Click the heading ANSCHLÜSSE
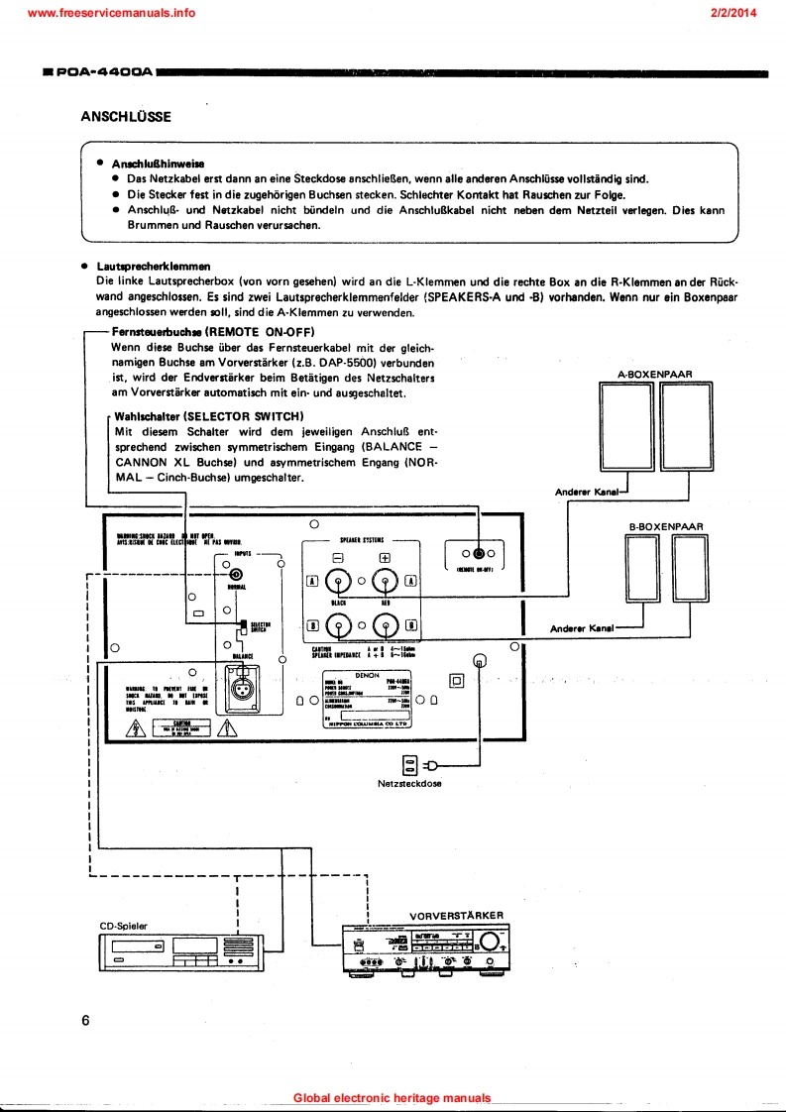click(126, 116)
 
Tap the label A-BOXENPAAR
click(654, 374)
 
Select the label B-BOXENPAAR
click(666, 526)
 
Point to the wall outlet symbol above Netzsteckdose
click(409, 763)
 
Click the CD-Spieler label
click(124, 926)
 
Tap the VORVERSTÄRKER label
click(456, 915)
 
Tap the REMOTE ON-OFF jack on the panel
click(480, 553)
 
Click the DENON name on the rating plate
click(367, 673)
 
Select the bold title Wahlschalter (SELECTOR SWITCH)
click(209, 416)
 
